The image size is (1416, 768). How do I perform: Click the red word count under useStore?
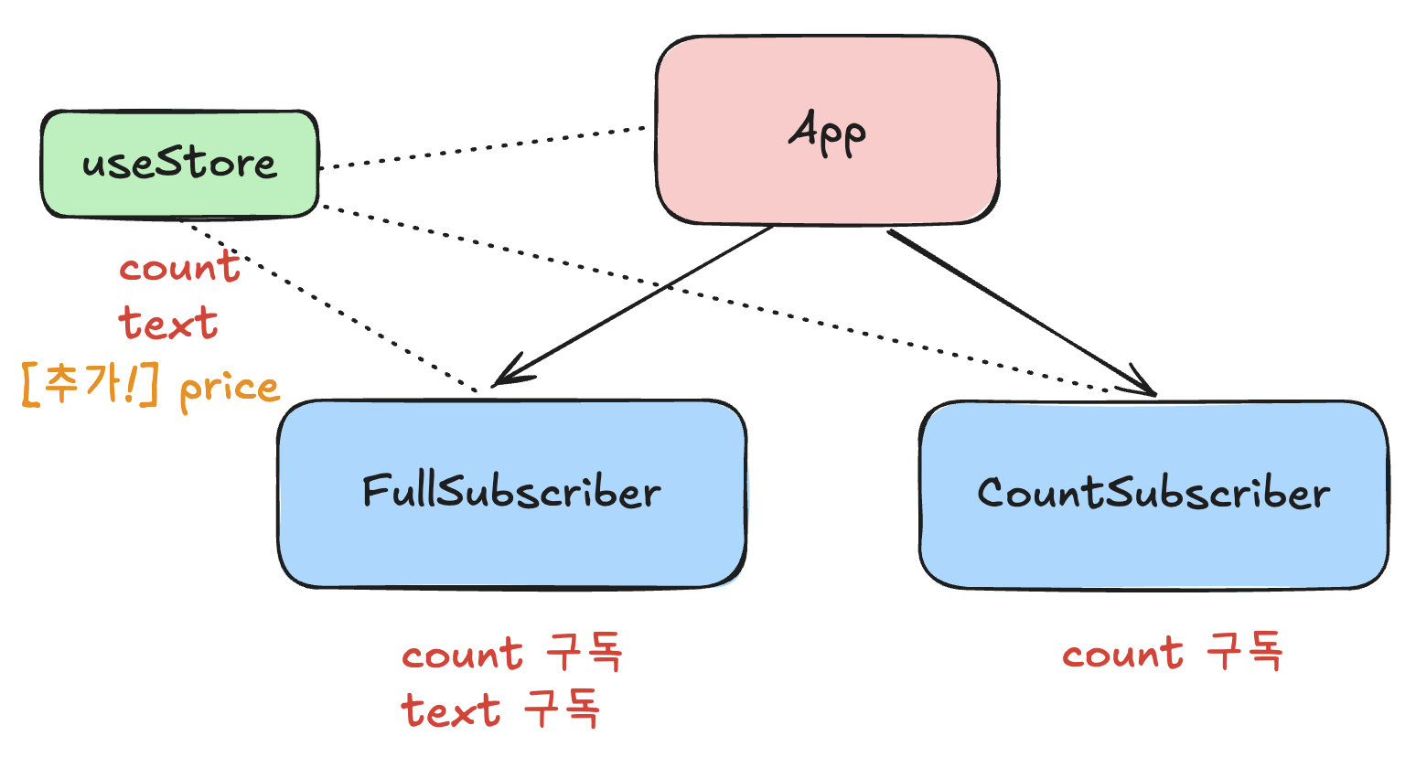[179, 268]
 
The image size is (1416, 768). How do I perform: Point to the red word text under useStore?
[168, 324]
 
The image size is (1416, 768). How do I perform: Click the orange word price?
[229, 389]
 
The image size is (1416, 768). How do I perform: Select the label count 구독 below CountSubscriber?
[1173, 654]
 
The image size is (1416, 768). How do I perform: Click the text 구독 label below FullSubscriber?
[500, 710]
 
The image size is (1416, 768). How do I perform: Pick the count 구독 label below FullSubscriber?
[512, 655]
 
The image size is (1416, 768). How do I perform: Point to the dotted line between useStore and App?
[485, 147]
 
